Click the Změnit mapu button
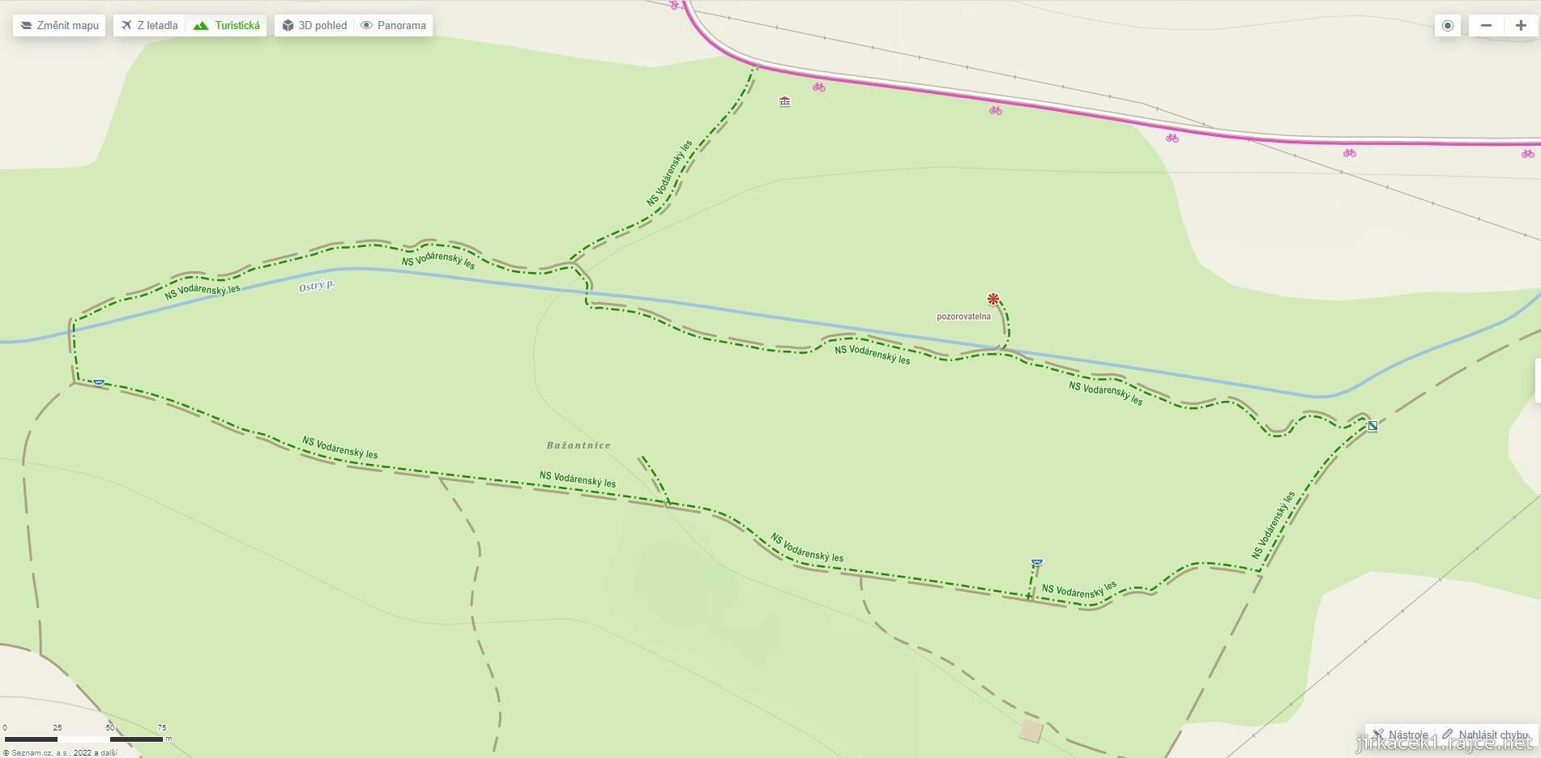click(x=59, y=25)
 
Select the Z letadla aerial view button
click(x=150, y=25)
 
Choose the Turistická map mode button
click(x=227, y=25)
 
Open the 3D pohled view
click(x=314, y=25)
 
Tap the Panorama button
click(x=394, y=25)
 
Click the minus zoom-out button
click(x=1486, y=25)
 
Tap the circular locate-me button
click(x=1448, y=25)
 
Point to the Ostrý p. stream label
click(x=317, y=285)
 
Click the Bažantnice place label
click(x=578, y=445)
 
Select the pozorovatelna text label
click(x=963, y=317)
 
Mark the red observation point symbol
click(x=993, y=299)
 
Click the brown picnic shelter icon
click(x=784, y=101)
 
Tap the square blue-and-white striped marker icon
click(x=1372, y=426)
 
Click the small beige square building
click(x=1031, y=730)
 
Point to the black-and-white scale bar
click(x=84, y=739)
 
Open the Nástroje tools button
click(x=1401, y=735)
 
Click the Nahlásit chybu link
click(x=1487, y=735)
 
